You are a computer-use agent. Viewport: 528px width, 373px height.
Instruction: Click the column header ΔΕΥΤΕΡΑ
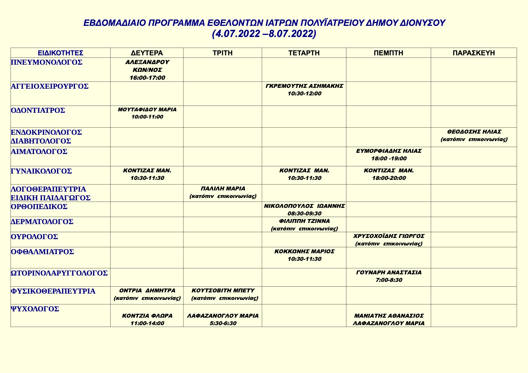147,53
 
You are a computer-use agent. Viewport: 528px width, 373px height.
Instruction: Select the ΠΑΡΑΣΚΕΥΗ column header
474,53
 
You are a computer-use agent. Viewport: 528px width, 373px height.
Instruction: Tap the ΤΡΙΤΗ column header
223,53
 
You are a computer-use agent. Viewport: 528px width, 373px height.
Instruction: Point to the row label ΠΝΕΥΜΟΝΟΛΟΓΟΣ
47,62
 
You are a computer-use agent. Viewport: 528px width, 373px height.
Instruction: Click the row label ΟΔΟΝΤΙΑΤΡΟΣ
38,110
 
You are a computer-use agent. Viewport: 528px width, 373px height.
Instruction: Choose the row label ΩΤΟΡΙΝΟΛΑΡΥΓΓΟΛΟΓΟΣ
59,273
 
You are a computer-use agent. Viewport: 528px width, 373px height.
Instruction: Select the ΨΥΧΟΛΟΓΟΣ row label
35,309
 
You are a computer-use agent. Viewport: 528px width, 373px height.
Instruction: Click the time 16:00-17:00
147,78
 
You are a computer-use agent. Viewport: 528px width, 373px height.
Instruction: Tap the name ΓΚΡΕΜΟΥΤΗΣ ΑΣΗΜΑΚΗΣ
305,86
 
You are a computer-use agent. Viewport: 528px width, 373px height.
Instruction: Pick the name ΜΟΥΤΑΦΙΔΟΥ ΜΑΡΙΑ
147,109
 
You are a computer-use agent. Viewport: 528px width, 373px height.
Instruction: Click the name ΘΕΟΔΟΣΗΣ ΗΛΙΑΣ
474,132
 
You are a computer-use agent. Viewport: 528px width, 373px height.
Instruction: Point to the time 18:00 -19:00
389,159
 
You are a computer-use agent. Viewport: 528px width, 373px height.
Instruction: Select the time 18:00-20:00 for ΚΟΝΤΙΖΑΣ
389,178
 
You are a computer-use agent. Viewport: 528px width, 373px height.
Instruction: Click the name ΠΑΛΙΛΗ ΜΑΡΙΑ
223,189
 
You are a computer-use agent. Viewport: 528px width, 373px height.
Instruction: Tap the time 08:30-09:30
305,214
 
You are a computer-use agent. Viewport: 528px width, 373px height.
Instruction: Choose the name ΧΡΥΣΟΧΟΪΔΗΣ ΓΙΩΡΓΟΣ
389,236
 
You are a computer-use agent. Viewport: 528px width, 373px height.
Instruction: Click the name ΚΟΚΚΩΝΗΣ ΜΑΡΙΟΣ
305,251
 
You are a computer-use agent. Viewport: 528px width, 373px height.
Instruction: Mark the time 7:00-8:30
389,280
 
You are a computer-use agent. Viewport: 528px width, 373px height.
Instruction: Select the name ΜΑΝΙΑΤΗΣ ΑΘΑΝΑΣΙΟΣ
389,316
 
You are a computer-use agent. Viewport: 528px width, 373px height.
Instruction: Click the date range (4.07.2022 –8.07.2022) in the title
264,34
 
